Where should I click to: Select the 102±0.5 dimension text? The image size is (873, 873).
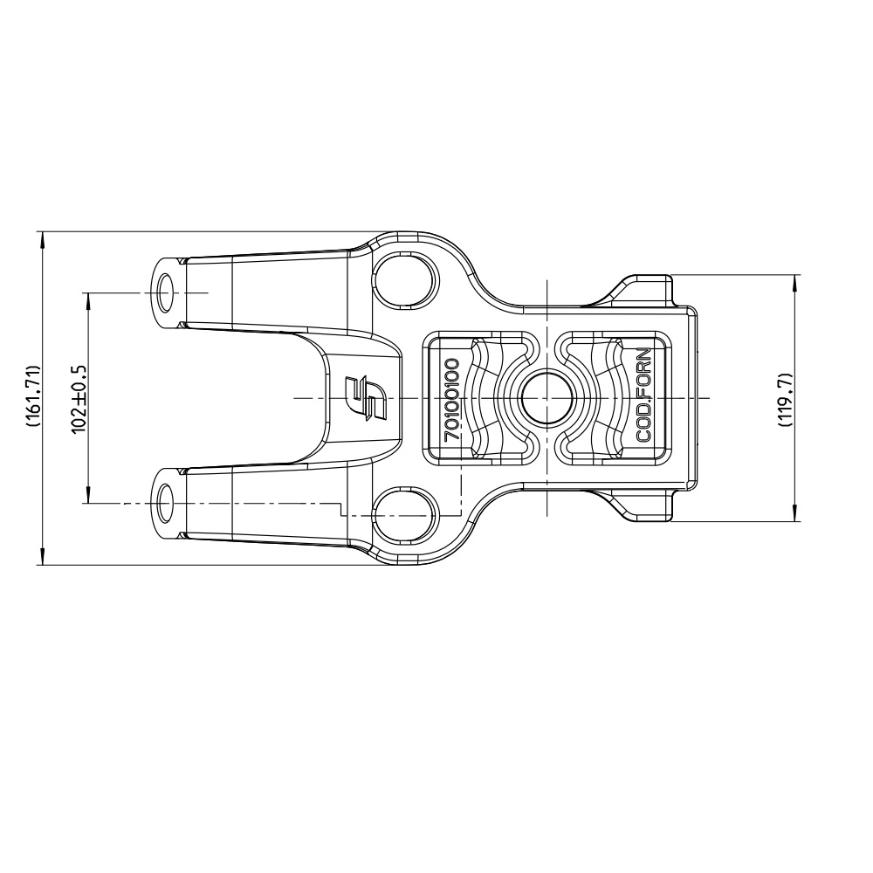click(79, 398)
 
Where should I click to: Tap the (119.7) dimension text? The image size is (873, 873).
click(785, 399)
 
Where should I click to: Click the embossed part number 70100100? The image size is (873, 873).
click(452, 399)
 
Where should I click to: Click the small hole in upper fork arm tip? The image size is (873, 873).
click(166, 292)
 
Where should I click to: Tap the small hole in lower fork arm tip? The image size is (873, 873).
click(165, 504)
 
